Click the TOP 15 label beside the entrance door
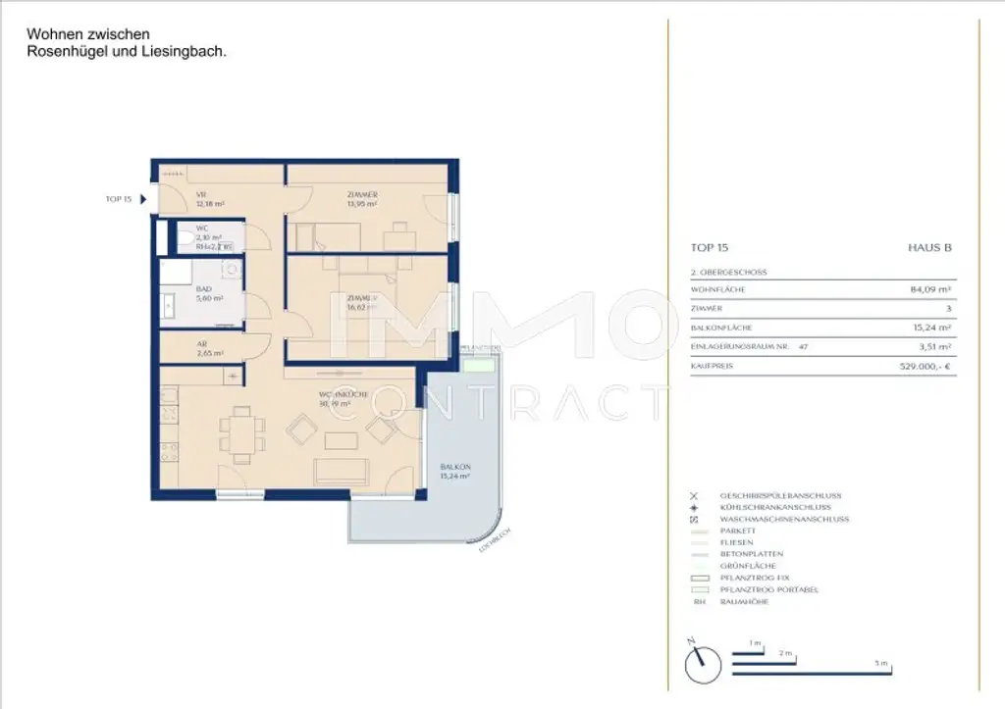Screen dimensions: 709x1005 (118, 199)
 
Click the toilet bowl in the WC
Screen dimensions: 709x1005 (185, 237)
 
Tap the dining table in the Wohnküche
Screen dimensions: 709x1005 (241, 430)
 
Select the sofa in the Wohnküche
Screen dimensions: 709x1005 (341, 473)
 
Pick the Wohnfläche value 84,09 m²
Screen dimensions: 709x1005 (931, 290)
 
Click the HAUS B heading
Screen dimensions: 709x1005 (929, 248)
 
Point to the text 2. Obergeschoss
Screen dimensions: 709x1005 (729, 272)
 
